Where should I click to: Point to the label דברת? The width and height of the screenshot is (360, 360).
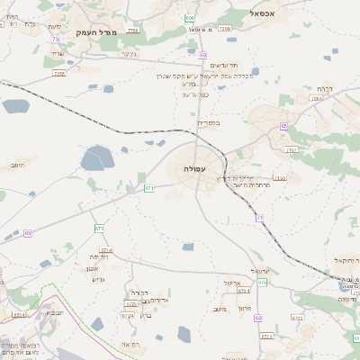325,88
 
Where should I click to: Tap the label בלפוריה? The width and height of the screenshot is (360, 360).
208,121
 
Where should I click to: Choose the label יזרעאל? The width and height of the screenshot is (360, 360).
260,270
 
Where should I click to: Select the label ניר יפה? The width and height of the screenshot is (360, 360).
99,257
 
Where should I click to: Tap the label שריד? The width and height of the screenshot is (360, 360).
58,54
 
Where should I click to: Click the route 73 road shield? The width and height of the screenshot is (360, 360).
56,39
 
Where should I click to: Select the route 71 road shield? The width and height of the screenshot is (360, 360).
260,217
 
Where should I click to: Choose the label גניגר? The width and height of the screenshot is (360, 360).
129,54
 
